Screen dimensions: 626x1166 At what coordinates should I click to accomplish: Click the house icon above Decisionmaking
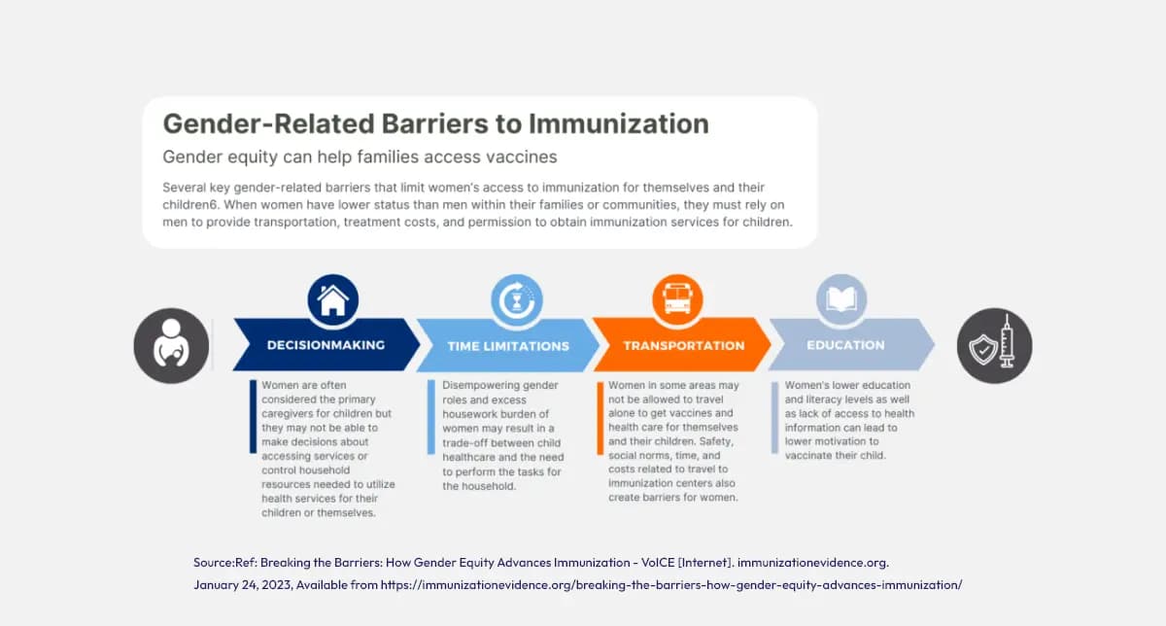click(333, 299)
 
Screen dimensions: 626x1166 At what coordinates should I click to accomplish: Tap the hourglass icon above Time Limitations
click(516, 299)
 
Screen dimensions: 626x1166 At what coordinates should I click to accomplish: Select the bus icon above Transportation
click(677, 299)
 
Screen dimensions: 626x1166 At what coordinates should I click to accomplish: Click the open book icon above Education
click(840, 299)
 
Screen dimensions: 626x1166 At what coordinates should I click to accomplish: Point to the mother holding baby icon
click(171, 345)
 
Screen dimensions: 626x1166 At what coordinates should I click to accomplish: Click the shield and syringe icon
click(994, 346)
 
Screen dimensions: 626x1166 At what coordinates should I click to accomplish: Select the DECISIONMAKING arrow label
click(326, 345)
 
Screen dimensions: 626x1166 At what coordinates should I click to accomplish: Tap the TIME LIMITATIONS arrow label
click(508, 346)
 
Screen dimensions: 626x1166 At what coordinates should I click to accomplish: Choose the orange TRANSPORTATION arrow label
click(683, 345)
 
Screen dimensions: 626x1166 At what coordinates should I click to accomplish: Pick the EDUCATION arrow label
click(844, 345)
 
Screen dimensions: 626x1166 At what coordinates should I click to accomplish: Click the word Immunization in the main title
click(618, 123)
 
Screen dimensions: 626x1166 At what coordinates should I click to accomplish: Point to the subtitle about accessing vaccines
click(360, 156)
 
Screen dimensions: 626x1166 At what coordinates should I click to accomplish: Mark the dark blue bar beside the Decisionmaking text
click(254, 417)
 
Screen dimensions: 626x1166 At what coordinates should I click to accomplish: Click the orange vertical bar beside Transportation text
click(600, 417)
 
